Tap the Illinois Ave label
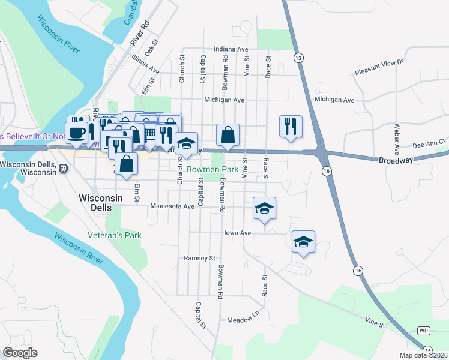coord(146,61)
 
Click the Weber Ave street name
coord(397,139)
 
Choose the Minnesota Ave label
coord(172,206)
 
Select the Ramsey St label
coord(199,258)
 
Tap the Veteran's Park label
coord(114,235)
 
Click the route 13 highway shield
coord(298,58)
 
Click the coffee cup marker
coord(77,132)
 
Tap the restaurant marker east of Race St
coord(290,126)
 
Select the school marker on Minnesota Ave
coord(264,208)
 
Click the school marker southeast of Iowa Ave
coord(303,241)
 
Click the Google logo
coord(20,353)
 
